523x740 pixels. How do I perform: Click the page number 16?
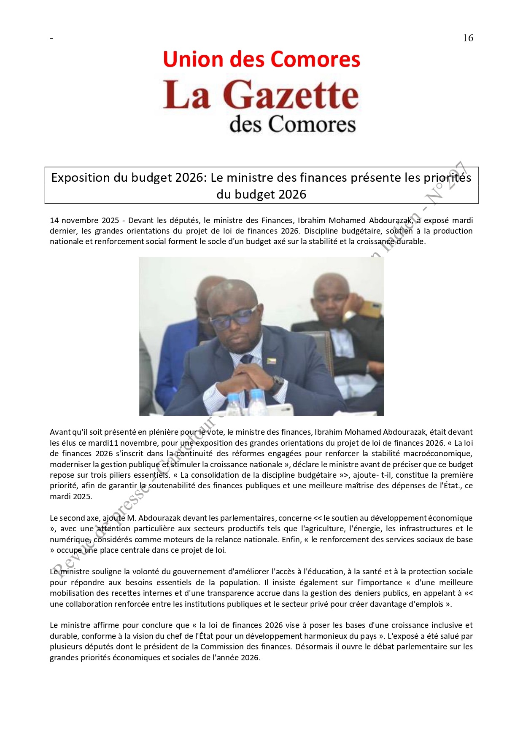(x=468, y=38)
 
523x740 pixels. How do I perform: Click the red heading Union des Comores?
(x=261, y=59)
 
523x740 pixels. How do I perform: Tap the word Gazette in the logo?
(x=291, y=95)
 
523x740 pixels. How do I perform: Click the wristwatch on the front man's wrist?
(x=277, y=384)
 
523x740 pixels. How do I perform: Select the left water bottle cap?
(x=233, y=397)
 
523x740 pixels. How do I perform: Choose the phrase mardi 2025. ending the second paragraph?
(x=70, y=497)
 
